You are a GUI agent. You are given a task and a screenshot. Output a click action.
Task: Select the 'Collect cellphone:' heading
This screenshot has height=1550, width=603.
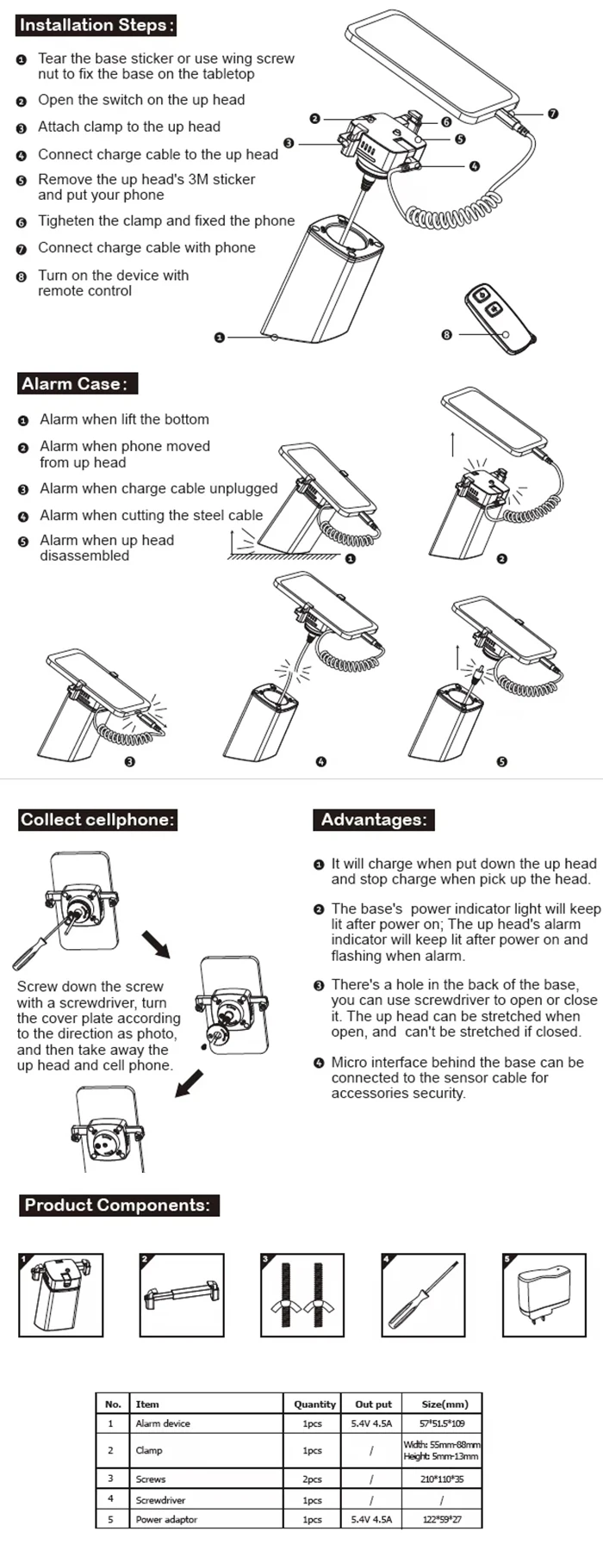(x=97, y=820)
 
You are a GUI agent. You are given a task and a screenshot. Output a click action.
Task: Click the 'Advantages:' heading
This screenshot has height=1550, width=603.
(x=373, y=820)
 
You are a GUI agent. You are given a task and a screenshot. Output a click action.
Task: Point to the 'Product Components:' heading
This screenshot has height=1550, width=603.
(x=117, y=1206)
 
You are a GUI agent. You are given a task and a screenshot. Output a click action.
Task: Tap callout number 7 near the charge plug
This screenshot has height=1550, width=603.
(x=553, y=113)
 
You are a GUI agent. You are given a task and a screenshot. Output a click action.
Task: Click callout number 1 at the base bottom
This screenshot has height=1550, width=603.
(x=220, y=338)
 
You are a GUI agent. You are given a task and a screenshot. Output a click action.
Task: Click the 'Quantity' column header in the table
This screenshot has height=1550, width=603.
(x=314, y=1404)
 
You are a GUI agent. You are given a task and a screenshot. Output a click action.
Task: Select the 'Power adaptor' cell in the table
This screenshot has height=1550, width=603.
(x=166, y=1519)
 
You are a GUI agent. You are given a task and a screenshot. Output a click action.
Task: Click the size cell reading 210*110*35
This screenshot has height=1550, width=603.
(x=442, y=1479)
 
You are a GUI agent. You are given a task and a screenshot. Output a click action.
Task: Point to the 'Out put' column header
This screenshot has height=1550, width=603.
(x=373, y=1404)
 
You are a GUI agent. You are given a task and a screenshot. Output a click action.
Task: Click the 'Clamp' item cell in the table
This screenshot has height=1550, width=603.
(x=148, y=1450)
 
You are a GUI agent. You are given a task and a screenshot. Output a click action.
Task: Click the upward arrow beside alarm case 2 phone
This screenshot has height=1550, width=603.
(x=453, y=443)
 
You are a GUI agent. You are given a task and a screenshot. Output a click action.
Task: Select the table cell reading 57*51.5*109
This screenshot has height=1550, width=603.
(x=442, y=1423)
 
